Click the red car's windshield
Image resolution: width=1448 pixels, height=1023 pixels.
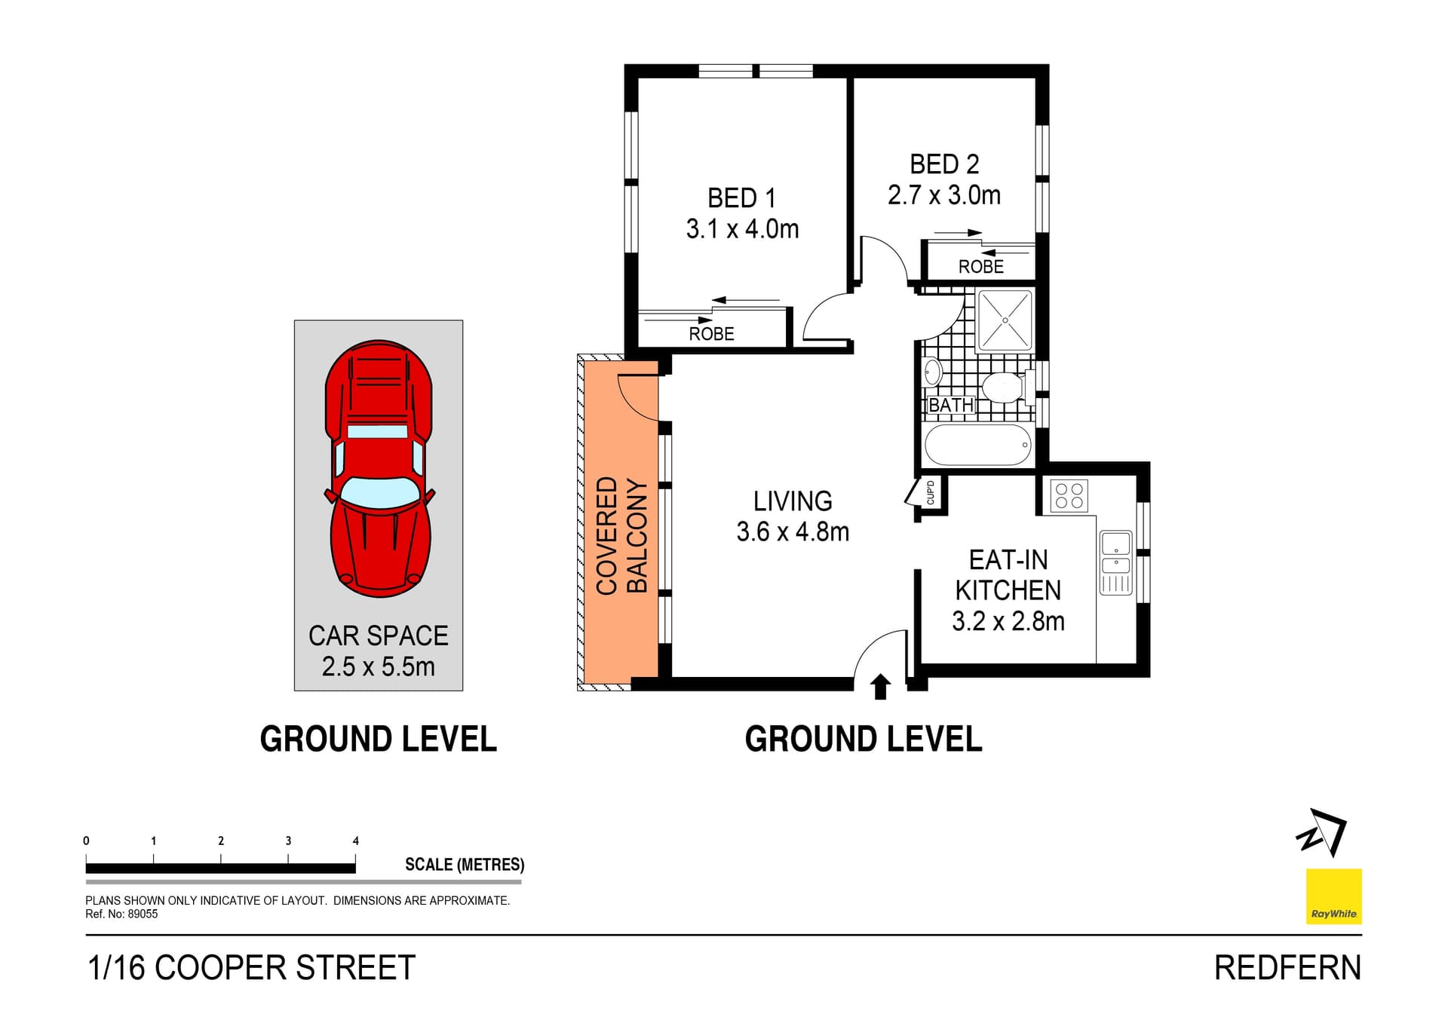[380, 491]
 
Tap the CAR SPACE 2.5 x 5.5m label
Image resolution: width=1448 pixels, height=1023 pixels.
[378, 651]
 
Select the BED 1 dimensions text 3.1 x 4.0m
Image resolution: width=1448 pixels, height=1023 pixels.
[742, 229]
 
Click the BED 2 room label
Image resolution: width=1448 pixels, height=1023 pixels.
[943, 164]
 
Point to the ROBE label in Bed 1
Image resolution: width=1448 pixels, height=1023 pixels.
[711, 334]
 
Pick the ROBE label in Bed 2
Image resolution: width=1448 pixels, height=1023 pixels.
[980, 267]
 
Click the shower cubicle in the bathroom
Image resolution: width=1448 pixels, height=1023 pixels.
[1005, 320]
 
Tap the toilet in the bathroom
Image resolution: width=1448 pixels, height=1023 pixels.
[1004, 387]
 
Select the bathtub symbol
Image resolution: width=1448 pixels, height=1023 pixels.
[977, 445]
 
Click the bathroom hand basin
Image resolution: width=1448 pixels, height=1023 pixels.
[933, 372]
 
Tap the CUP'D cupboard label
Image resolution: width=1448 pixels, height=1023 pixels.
[931, 492]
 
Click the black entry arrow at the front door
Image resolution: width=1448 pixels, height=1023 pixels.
[880, 687]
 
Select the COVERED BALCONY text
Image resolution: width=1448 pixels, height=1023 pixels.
[621, 535]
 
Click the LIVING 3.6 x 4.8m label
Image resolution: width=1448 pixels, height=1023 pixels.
[793, 516]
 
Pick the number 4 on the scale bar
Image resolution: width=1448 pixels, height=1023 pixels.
[356, 841]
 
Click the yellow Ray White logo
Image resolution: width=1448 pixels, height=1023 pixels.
[1333, 896]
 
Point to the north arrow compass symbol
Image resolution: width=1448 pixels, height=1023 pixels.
[1322, 832]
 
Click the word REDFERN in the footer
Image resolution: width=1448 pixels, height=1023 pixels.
[1287, 968]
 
